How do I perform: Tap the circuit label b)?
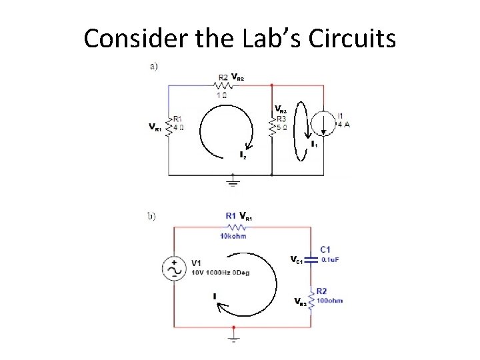click(x=152, y=216)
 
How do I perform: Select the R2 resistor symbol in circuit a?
click(x=224, y=85)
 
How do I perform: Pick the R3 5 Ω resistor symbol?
click(x=272, y=125)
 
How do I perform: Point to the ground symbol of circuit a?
click(x=233, y=181)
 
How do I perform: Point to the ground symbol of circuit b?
click(x=233, y=337)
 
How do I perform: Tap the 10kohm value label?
click(x=231, y=235)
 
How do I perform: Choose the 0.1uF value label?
click(x=331, y=260)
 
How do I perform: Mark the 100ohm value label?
click(x=329, y=301)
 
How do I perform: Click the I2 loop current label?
click(x=243, y=156)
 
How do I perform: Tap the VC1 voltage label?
click(x=296, y=260)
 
